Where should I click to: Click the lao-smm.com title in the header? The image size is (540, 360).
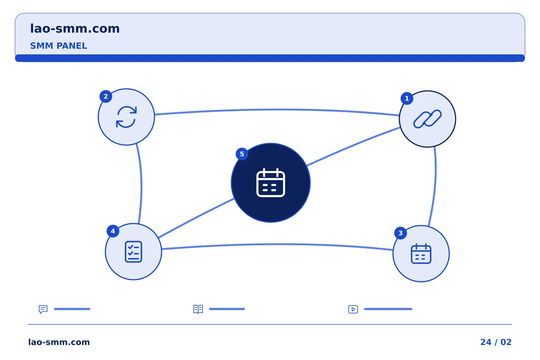pyautogui.click(x=75, y=29)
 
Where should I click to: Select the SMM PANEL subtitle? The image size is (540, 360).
pyautogui.click(x=58, y=46)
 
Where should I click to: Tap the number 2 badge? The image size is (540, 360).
pyautogui.click(x=106, y=96)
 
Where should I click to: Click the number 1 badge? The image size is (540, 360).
pyautogui.click(x=407, y=98)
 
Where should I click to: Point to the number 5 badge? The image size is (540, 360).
pyautogui.click(x=242, y=154)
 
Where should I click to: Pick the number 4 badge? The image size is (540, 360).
pyautogui.click(x=113, y=231)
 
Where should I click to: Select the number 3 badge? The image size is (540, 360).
pyautogui.click(x=400, y=233)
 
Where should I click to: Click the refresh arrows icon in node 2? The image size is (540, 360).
pyautogui.click(x=126, y=117)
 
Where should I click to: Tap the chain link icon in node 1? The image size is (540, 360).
pyautogui.click(x=427, y=119)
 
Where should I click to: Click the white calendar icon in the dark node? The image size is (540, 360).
pyautogui.click(x=271, y=183)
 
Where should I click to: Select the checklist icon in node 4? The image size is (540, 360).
pyautogui.click(x=133, y=252)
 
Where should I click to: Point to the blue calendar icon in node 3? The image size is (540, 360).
pyautogui.click(x=421, y=253)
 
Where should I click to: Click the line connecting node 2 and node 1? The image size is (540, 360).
pyautogui.click(x=277, y=110)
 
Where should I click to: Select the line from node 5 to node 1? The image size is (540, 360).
pyautogui.click(x=353, y=146)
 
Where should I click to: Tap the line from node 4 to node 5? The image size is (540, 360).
pyautogui.click(x=196, y=218)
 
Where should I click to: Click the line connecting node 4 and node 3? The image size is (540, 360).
pyautogui.click(x=277, y=244)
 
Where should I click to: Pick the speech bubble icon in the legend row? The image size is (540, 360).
pyautogui.click(x=43, y=309)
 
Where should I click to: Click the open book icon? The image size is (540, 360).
pyautogui.click(x=198, y=309)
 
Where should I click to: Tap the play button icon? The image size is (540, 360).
pyautogui.click(x=353, y=309)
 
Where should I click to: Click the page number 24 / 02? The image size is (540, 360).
pyautogui.click(x=496, y=342)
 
